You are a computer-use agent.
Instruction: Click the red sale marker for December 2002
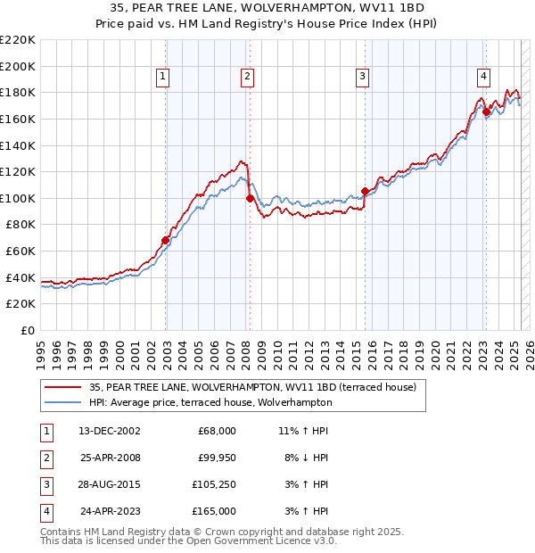[x=166, y=240]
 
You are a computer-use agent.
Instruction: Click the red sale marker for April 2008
[x=250, y=198]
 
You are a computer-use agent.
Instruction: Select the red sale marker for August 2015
[x=366, y=191]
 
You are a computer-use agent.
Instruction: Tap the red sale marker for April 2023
[x=487, y=111]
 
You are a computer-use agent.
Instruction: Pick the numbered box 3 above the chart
[x=363, y=78]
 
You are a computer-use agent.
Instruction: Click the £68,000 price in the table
[x=217, y=431]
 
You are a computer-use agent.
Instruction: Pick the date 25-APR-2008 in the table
[x=109, y=458]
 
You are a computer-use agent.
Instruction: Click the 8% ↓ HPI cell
[x=304, y=458]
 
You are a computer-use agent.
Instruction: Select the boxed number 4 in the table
[x=45, y=511]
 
